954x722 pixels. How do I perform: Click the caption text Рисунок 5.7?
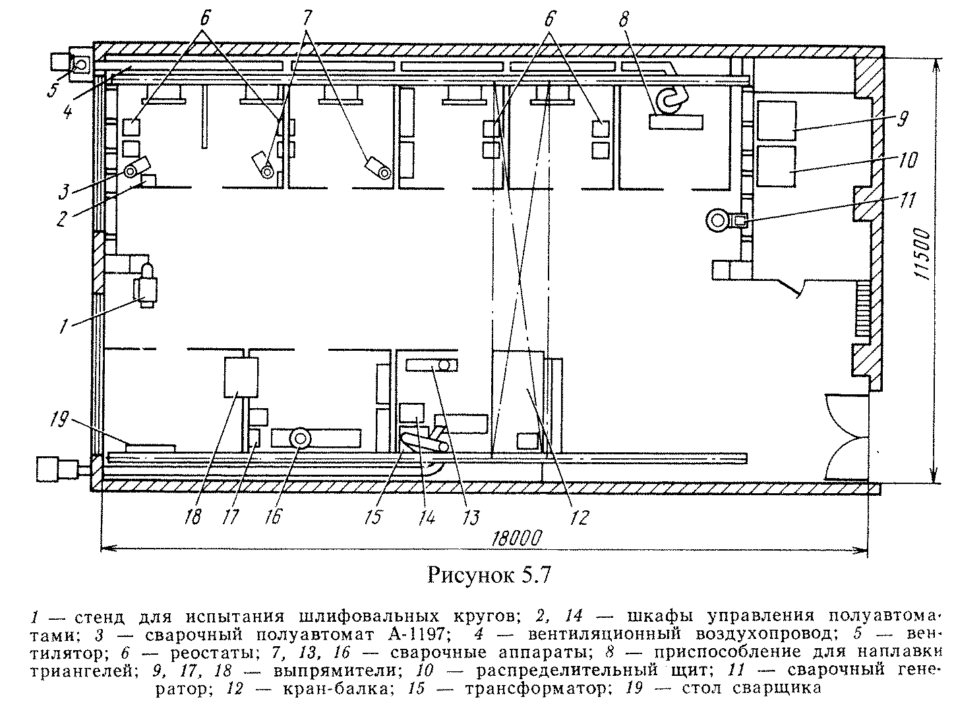(489, 575)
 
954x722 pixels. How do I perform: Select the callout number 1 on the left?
(64, 325)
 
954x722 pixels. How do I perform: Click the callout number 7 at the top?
(307, 18)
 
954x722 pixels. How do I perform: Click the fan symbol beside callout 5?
(81, 65)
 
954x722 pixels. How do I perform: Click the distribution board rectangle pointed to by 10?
(776, 165)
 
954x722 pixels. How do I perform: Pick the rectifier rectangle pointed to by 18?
(239, 377)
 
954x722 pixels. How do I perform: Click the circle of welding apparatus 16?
(301, 438)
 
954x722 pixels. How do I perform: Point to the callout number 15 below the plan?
(373, 515)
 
